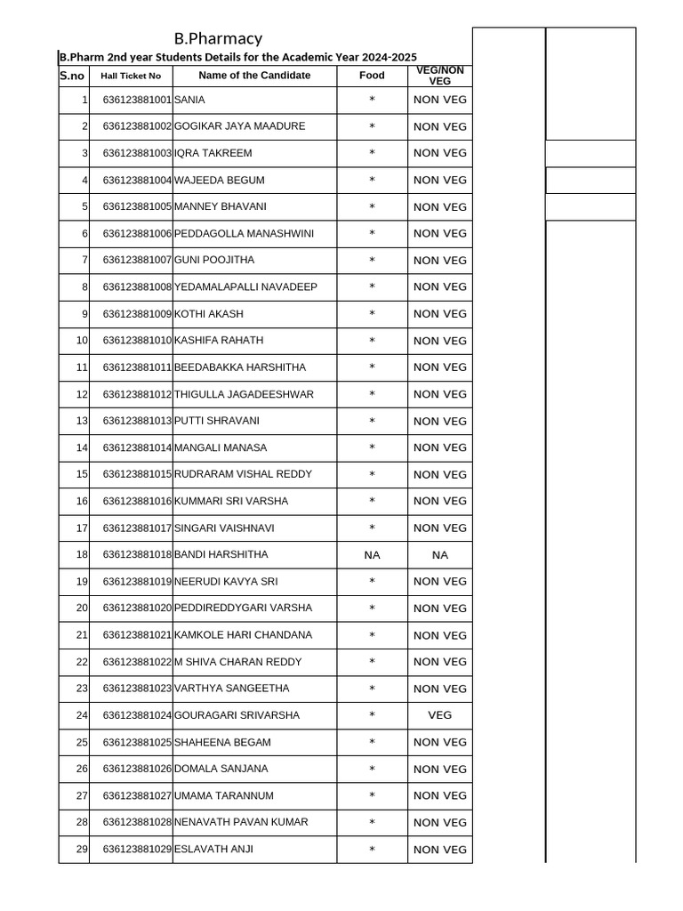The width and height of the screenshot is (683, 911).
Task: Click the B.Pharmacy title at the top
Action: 218,38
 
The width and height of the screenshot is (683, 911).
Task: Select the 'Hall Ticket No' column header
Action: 131,76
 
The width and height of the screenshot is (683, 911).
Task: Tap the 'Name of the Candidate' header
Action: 254,76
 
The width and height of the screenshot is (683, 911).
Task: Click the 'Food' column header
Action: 372,76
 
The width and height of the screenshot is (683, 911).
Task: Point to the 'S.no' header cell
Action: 72,76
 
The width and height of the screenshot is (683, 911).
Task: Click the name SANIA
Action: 189,100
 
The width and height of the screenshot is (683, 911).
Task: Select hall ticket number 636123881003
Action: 137,153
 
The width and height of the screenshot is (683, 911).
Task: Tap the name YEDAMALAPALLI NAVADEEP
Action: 245,287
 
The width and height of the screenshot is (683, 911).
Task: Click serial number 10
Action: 82,341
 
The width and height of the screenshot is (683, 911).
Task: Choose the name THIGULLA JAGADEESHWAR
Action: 244,394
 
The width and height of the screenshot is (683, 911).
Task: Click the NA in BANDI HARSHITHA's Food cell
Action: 372,555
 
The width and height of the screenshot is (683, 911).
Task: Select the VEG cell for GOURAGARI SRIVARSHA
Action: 439,715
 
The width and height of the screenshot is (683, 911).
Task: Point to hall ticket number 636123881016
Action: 137,502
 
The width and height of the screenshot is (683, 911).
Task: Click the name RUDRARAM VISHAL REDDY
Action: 243,474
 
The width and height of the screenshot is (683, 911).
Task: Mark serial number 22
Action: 82,662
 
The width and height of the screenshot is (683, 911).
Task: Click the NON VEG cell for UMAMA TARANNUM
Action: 439,795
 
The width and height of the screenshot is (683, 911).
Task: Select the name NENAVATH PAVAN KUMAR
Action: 239,822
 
